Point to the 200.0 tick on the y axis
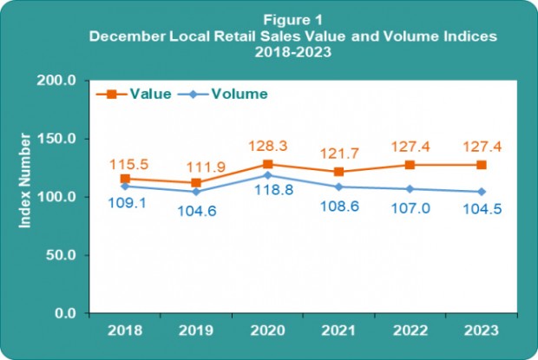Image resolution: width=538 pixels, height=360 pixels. pos(62,81)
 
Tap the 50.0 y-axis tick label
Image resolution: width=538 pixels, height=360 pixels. pos(64,255)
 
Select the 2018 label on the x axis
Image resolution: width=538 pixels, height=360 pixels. pos(124,330)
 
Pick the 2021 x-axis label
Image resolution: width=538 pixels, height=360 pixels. pos(338,330)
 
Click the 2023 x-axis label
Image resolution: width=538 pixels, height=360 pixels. pos(481,330)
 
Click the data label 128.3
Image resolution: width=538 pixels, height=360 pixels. pos(268,147)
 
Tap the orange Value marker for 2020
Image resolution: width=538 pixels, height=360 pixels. pos(267,164)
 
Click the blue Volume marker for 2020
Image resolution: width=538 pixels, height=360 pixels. pos(267,175)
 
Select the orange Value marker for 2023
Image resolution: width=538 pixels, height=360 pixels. pos(481,165)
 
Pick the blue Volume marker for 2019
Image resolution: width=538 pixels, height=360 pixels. pos(196,192)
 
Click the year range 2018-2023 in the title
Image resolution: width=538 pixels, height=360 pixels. pos(269,51)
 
